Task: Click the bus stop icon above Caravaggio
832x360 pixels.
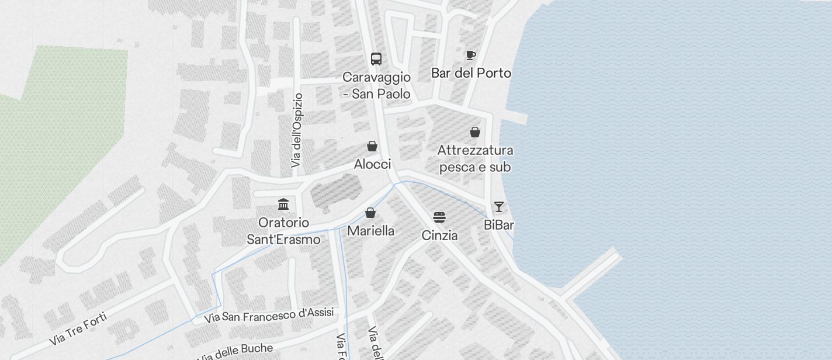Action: point(376,59)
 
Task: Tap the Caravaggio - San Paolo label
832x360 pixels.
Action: point(376,85)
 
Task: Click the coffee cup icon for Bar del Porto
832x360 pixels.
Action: point(471,55)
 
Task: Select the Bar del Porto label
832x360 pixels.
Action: point(471,73)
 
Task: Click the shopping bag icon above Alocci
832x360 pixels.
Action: point(372,146)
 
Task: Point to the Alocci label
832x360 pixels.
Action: point(372,164)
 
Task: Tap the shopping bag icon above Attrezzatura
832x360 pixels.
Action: point(475,132)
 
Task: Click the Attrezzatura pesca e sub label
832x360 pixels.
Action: point(475,159)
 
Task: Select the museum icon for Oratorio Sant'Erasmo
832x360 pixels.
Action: point(284,204)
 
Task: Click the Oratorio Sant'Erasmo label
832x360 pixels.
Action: point(284,231)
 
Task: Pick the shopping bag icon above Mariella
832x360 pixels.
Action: point(370,213)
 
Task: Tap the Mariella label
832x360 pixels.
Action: point(370,231)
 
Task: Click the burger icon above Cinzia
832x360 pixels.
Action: point(439,217)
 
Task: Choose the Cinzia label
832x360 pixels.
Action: point(439,236)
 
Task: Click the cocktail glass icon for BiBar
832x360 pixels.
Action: point(499,207)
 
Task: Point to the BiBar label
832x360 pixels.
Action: point(499,225)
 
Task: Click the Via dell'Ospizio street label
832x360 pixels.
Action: point(297,130)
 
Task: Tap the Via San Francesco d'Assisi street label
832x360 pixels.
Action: point(269,316)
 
